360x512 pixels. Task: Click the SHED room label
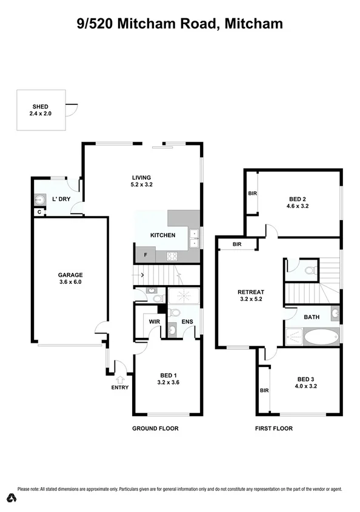click(40, 106)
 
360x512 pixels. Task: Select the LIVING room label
click(141, 177)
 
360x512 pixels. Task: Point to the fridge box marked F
click(145, 255)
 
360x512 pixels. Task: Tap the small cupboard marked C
click(39, 212)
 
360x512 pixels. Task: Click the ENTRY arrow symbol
click(119, 380)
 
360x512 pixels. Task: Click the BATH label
click(312, 317)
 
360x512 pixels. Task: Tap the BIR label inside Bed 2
click(252, 194)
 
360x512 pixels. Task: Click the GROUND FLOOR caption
click(155, 428)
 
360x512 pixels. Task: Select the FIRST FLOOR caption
click(273, 428)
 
